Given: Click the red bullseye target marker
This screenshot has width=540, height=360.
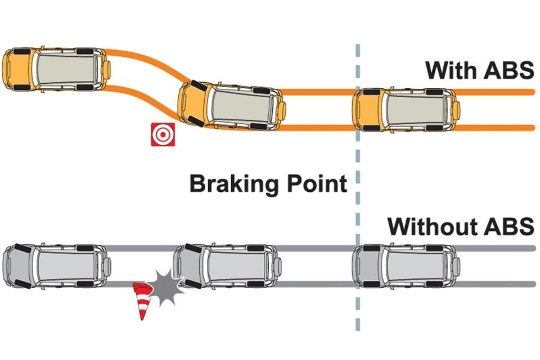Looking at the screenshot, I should point(163,135).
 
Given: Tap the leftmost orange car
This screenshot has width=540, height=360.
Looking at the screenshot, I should point(56,69).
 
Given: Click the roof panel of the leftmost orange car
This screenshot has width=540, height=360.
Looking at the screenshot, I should point(66,69).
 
